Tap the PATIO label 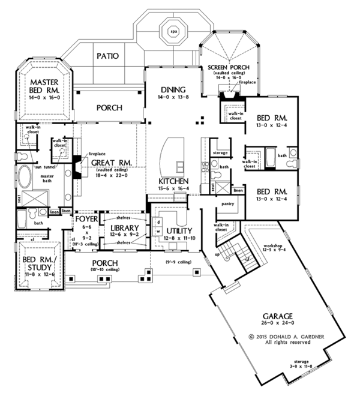click(107, 56)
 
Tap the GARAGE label click(277, 316)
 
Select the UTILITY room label click(180, 230)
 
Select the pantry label click(227, 203)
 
